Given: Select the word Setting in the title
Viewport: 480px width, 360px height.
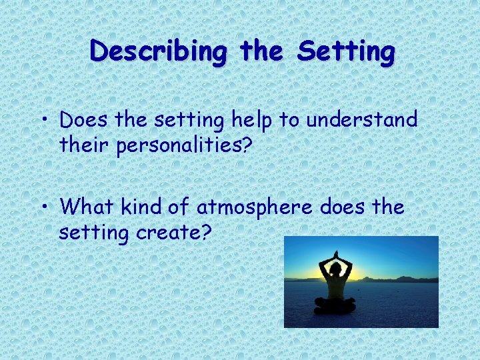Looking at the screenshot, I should click(346, 51).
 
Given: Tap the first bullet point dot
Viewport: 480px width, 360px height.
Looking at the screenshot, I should click(48, 121).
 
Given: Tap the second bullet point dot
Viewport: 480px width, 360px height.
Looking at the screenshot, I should click(48, 207).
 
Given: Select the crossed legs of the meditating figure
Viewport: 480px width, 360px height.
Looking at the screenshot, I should click(335, 305).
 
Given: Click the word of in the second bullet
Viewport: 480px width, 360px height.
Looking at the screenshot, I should click(177, 207).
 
